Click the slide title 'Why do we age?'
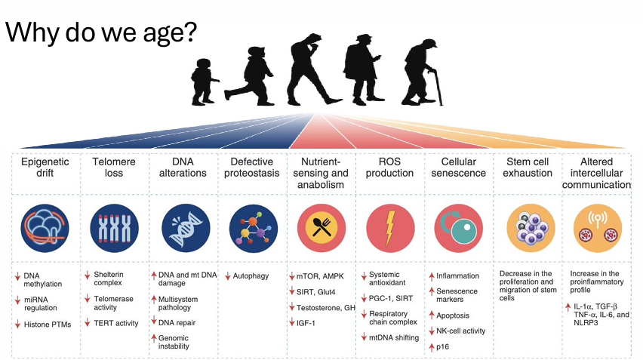(101, 33)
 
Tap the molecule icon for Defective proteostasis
(252, 226)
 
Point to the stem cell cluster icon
(527, 226)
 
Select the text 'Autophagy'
(251, 276)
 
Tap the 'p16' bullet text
(443, 346)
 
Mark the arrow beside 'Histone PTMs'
(17, 325)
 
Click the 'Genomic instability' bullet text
(180, 341)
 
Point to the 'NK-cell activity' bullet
(461, 331)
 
